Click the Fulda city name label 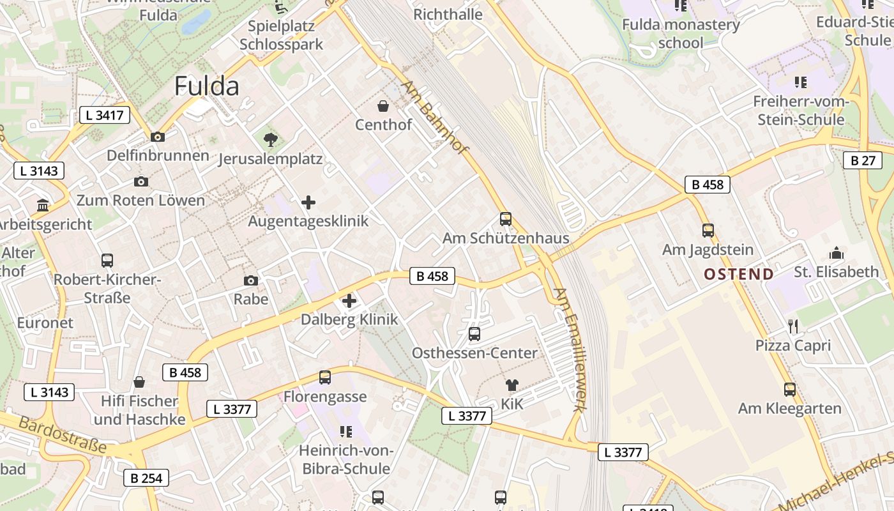pos(206,86)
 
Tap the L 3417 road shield pos(105,116)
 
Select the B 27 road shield pos(863,160)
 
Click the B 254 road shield pos(146,478)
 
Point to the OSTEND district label pos(739,275)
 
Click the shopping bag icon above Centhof pos(383,105)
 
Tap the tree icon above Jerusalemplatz pos(271,139)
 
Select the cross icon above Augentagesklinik pos(308,203)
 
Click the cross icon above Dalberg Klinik pos(349,301)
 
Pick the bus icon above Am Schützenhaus pos(506,219)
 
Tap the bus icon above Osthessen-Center pos(474,334)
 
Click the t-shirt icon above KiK pos(511,385)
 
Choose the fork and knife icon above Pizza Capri pos(793,326)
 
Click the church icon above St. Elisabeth pos(837,253)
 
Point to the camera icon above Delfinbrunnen pos(158,137)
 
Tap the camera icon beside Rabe pos(251,280)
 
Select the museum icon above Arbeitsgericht pos(43,206)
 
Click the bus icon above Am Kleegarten pos(790,389)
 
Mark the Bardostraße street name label pos(62,435)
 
